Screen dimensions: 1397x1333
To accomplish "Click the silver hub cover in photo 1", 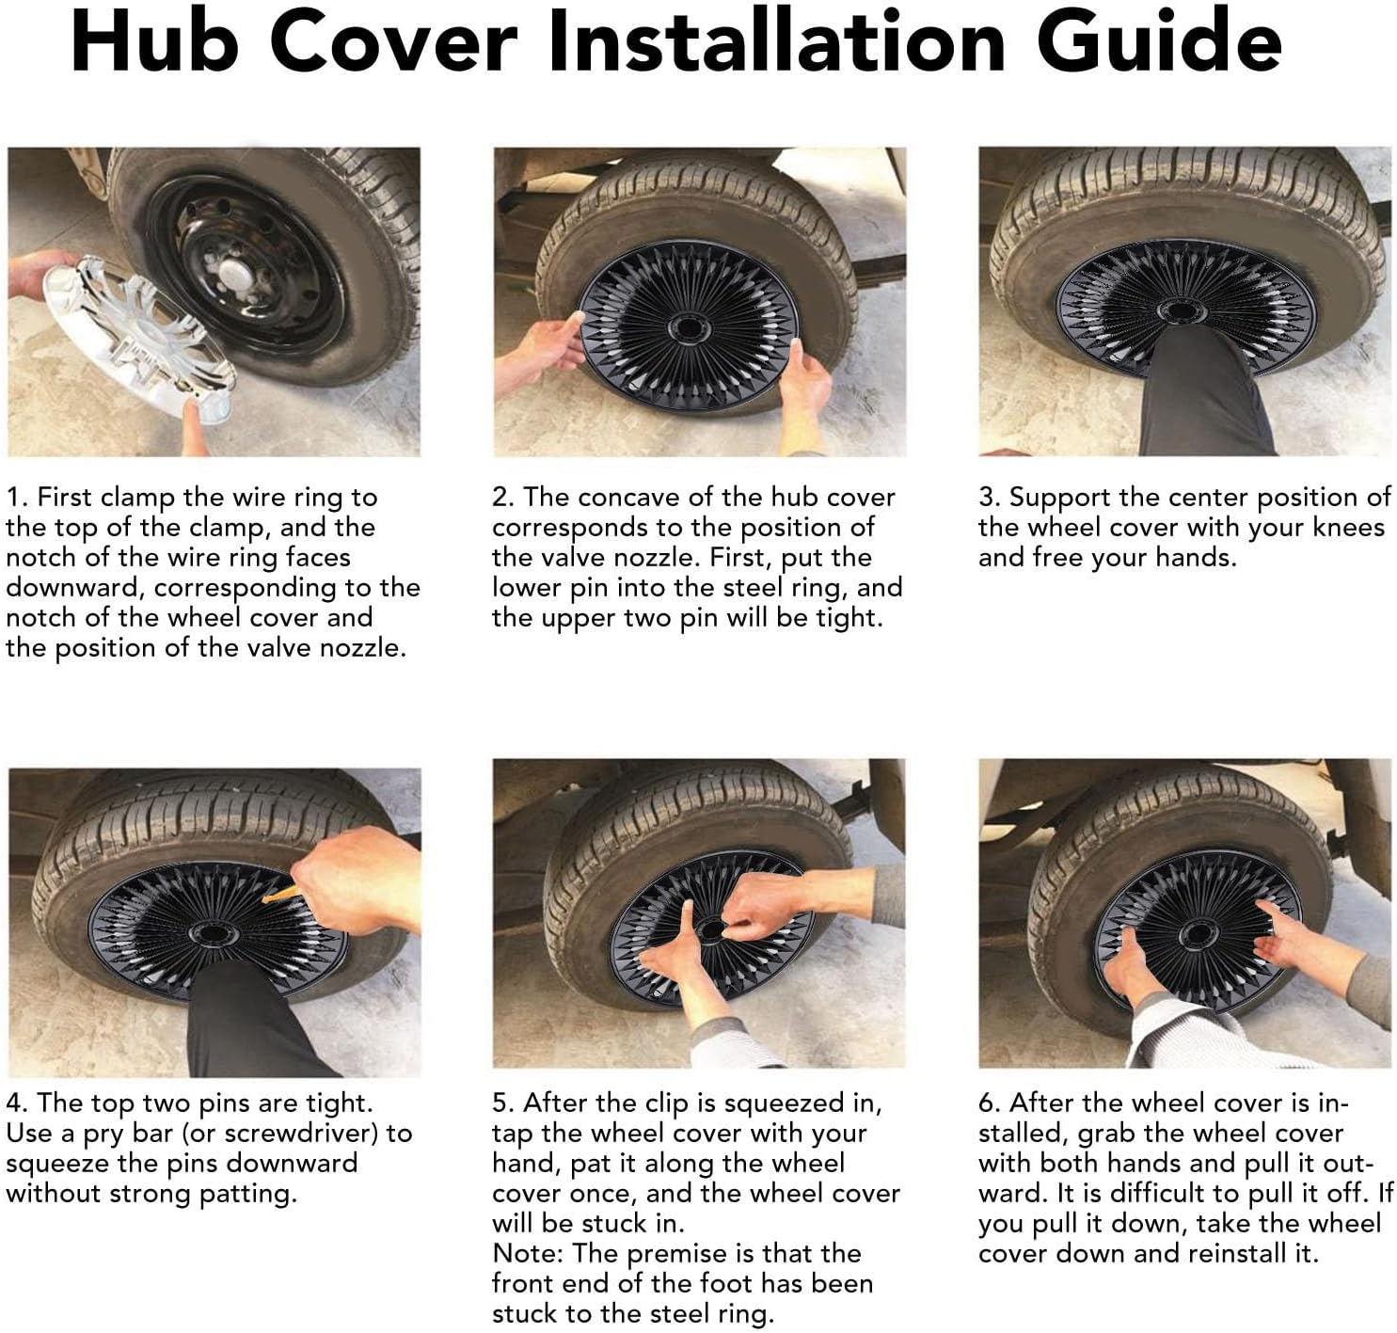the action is [x=139, y=339].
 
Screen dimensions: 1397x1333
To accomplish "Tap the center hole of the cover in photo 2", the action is [x=688, y=328].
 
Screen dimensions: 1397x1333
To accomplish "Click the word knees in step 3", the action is [x=1348, y=527].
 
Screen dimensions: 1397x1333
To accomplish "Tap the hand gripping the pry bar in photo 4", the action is [x=352, y=881].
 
